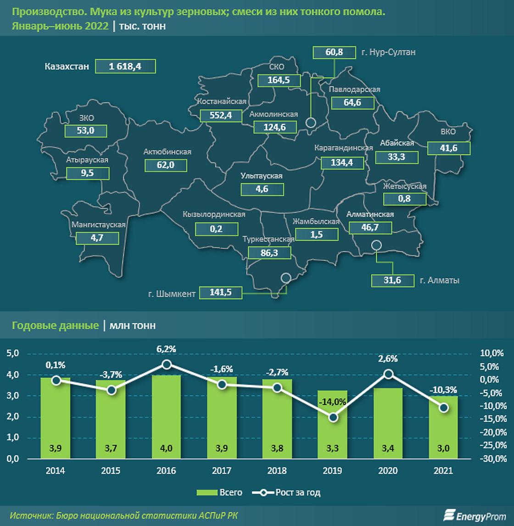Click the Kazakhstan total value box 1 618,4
(x=125, y=67)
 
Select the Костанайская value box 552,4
(x=221, y=115)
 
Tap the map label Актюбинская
(x=167, y=152)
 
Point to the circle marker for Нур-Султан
(x=311, y=123)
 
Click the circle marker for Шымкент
(x=286, y=278)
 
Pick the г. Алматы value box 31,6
(x=392, y=280)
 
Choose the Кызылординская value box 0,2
(x=216, y=228)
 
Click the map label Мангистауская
(x=99, y=225)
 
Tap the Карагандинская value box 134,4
(x=342, y=162)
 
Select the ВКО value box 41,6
(x=448, y=148)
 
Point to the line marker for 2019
(x=334, y=417)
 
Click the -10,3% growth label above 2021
(x=443, y=390)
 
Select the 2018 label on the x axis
(x=277, y=470)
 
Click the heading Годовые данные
(x=56, y=325)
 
